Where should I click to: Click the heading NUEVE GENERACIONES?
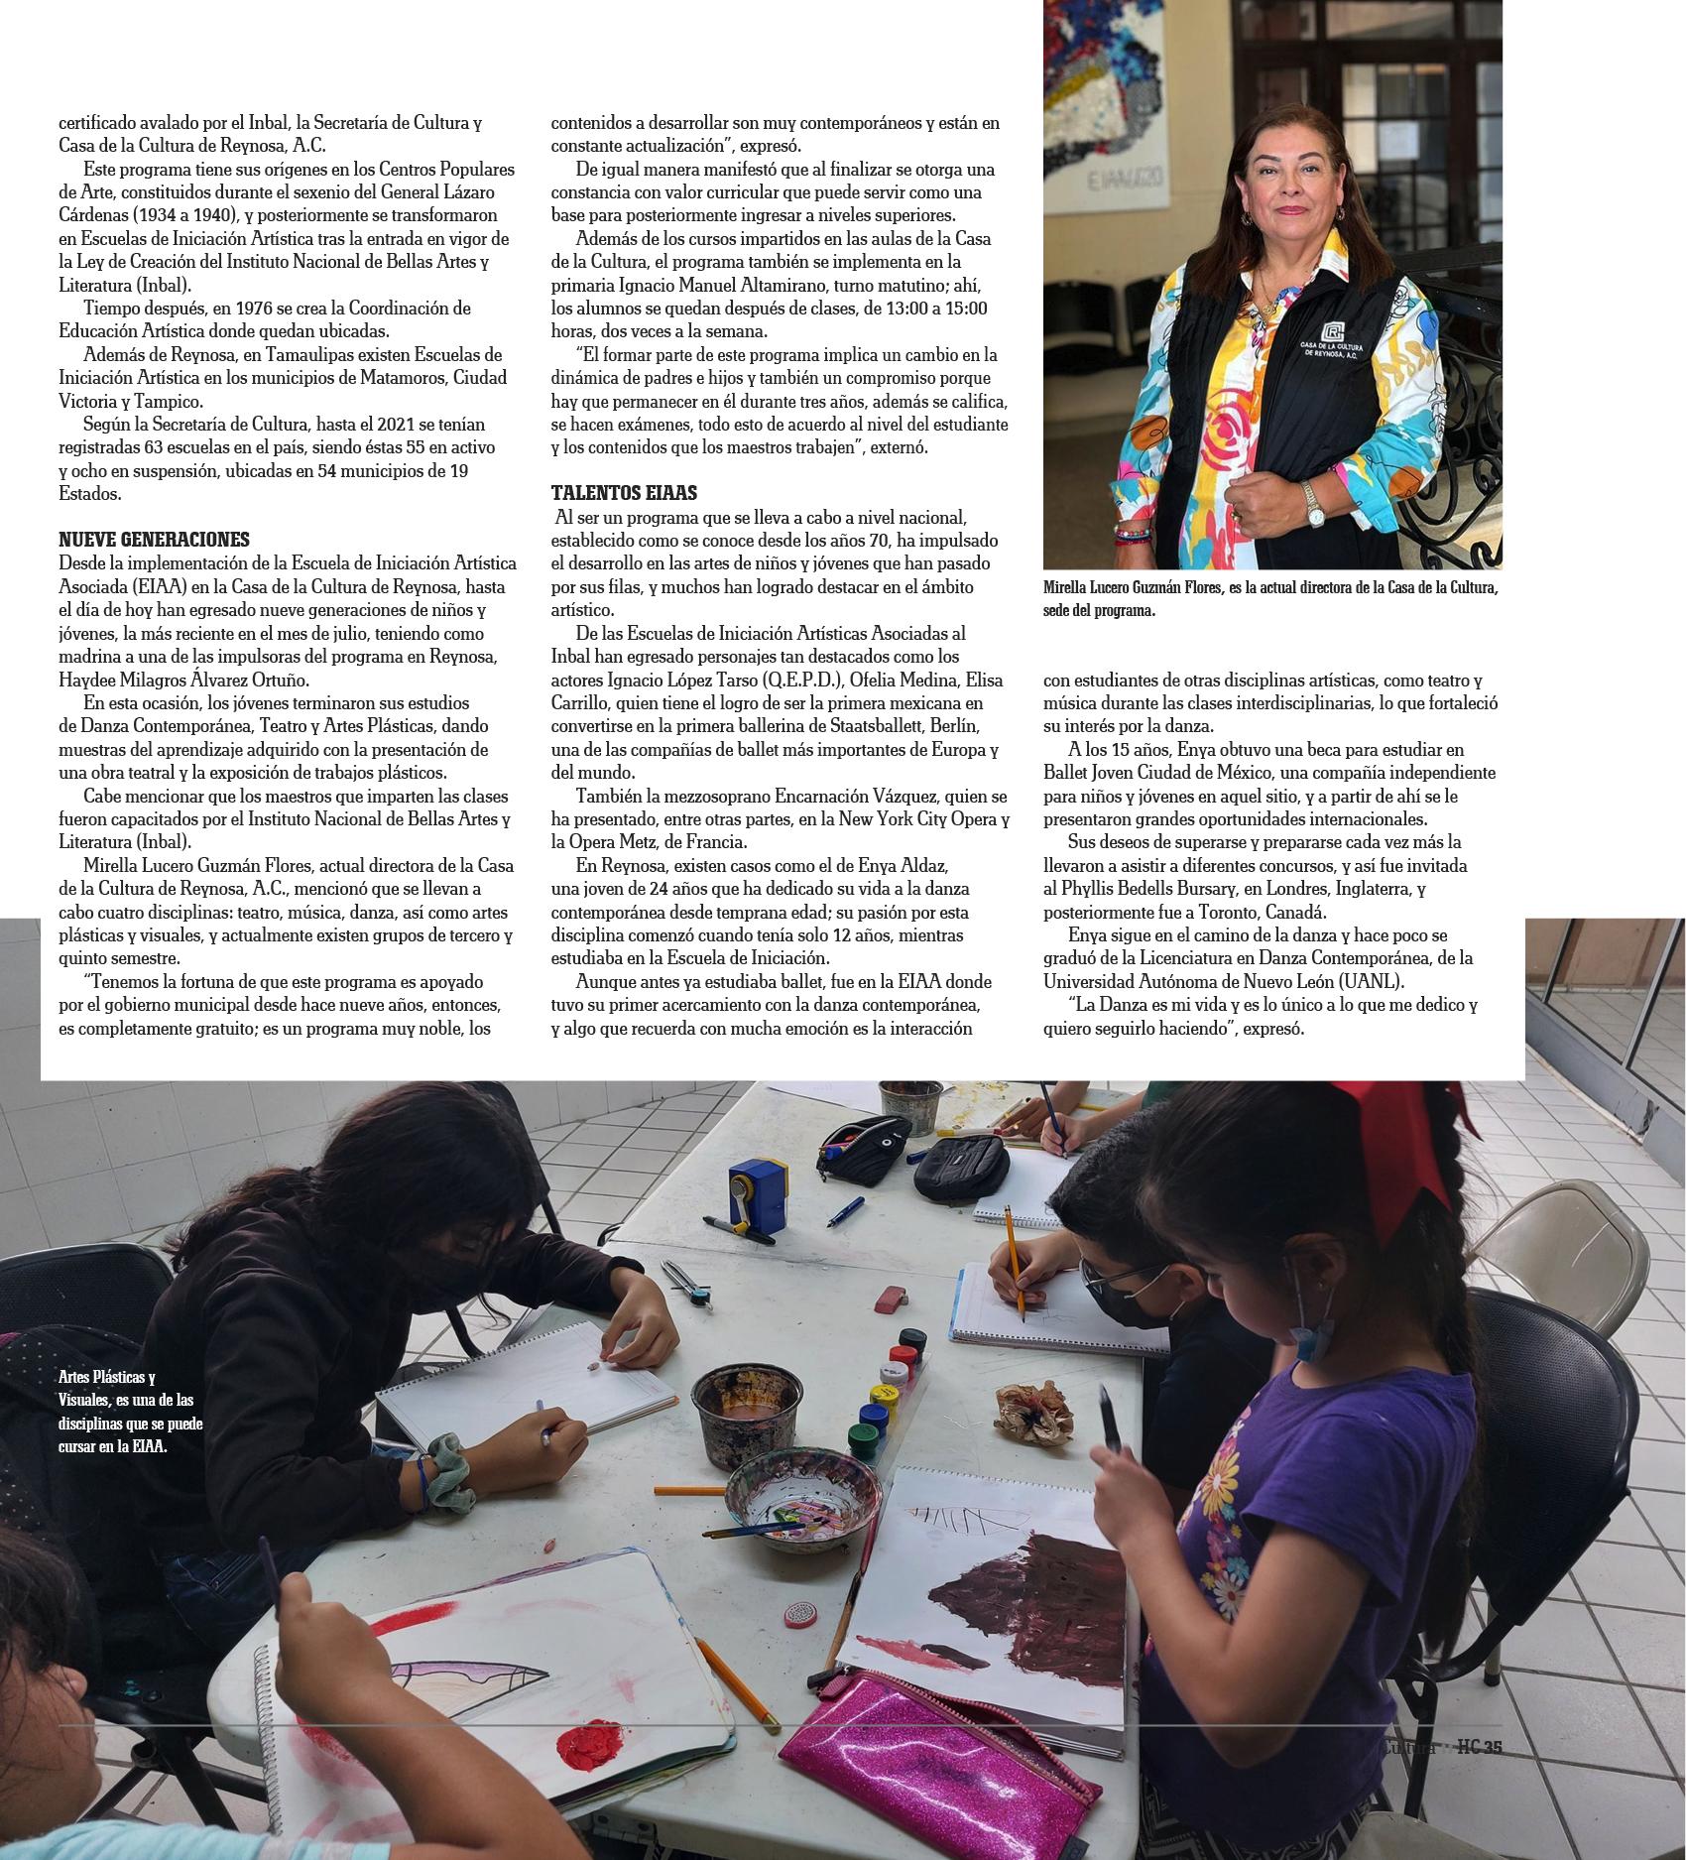pos(154,540)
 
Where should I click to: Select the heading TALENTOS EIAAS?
pos(624,493)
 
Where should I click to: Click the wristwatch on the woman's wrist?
pos(1314,504)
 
